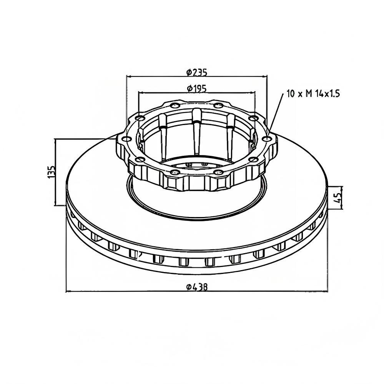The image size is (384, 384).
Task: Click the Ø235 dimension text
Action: coord(197,72)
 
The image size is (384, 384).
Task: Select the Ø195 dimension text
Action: coord(197,88)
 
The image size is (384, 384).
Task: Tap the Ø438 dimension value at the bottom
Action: coord(197,287)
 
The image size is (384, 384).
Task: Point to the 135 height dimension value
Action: coord(52,172)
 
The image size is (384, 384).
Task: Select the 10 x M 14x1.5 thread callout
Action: coord(313,93)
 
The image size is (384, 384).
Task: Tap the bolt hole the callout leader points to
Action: coord(267,139)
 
